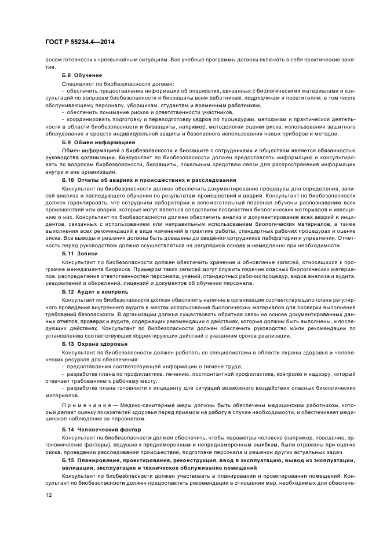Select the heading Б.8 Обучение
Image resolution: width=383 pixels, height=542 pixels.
[x=82, y=75]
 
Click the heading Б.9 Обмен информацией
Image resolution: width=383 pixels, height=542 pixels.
[x=98, y=142]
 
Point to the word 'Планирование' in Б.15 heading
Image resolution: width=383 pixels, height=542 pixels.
[x=99, y=459]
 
